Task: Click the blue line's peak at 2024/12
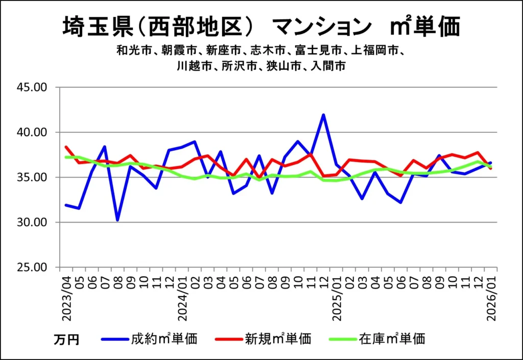[x=323, y=115]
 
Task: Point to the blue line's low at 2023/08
[x=117, y=220]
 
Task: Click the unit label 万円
[x=66, y=339]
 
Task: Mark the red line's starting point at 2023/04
[x=66, y=147]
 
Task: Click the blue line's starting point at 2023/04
[x=66, y=205]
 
